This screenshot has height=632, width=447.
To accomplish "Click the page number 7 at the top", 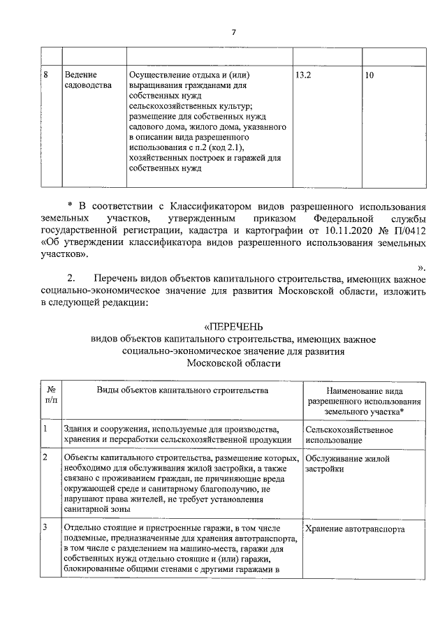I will point(234,32).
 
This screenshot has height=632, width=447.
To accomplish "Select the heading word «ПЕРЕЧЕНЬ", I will point(234,326).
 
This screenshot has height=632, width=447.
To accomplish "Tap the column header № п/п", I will point(51,395).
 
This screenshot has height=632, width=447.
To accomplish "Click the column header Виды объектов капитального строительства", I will point(182,390).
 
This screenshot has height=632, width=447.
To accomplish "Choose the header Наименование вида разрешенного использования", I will point(363,402).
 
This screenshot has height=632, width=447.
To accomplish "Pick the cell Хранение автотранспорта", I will point(356,529).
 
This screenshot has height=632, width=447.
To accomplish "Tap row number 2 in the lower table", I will point(45,458).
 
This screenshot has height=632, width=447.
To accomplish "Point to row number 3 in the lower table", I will point(45,529).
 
